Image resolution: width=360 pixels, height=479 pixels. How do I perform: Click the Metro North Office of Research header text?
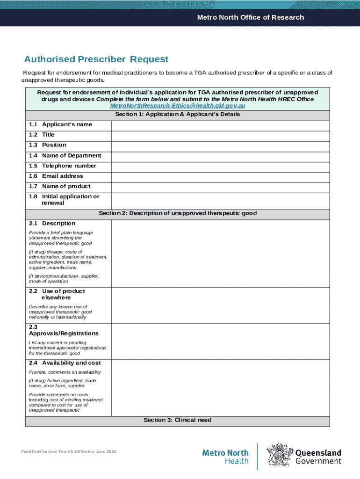(250, 17)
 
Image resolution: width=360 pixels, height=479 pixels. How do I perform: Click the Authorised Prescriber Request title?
(96, 59)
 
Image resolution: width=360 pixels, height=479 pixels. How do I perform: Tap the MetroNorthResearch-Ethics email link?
(177, 106)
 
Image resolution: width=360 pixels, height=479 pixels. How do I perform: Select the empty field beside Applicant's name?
(220, 125)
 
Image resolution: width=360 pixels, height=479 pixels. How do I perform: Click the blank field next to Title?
(220, 135)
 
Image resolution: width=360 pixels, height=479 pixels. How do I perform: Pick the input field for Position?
(220, 145)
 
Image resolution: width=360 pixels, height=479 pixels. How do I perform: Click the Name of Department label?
(71, 156)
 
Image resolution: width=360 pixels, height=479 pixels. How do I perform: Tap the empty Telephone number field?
(220, 166)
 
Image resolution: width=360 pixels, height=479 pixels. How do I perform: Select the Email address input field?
(220, 176)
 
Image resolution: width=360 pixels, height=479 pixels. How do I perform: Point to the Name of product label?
(66, 187)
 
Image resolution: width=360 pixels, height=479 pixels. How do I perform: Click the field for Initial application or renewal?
(220, 200)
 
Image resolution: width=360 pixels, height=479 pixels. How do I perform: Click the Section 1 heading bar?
(177, 114)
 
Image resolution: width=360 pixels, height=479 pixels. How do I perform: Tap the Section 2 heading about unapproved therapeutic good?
(177, 213)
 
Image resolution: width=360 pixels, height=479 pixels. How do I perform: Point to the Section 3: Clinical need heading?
(177, 420)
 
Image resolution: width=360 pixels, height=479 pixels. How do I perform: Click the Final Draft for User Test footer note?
(69, 451)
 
